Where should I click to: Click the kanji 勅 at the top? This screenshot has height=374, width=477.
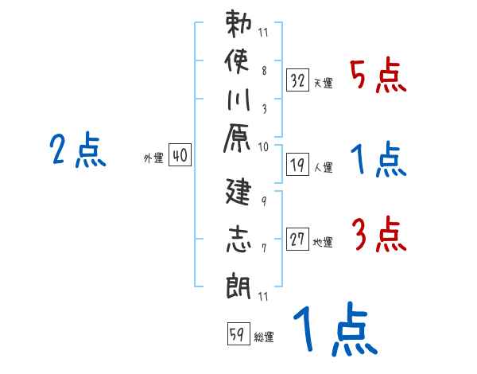(238, 25)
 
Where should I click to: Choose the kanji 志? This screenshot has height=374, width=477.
(238, 240)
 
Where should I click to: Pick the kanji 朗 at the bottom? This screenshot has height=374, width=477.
(238, 283)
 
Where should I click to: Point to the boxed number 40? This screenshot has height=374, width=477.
(180, 156)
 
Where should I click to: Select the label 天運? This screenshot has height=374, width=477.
(323, 83)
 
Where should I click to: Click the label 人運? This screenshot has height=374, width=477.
(323, 168)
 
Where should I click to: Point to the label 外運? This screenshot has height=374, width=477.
(153, 158)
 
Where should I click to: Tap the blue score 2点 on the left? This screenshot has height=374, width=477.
(77, 150)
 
